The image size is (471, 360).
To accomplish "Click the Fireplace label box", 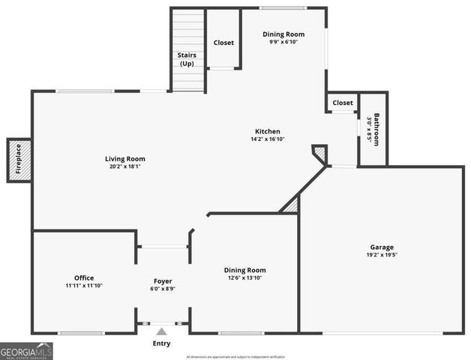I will click(x=19, y=160).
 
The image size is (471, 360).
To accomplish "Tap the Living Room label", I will click(x=124, y=158).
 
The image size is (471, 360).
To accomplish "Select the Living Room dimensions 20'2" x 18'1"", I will click(x=124, y=167).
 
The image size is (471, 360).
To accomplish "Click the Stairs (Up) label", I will click(x=187, y=59).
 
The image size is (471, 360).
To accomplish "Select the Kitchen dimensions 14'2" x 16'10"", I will click(x=267, y=139).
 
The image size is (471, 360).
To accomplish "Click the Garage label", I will click(x=381, y=247).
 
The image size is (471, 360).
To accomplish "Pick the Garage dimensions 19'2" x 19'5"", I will click(x=381, y=256).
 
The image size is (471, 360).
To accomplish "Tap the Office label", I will click(x=84, y=277).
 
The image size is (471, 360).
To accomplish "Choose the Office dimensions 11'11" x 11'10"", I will click(x=84, y=286).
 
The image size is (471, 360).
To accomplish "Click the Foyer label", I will click(x=163, y=281).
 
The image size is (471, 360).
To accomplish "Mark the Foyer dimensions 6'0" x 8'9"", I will click(x=163, y=289).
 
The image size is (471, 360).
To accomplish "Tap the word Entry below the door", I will click(x=161, y=343).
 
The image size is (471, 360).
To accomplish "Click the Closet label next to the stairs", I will click(x=223, y=43).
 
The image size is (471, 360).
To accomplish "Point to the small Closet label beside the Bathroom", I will click(x=343, y=103).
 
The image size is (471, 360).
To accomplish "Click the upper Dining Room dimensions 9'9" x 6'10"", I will click(x=283, y=42).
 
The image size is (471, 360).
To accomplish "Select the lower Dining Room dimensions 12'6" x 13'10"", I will click(x=244, y=277).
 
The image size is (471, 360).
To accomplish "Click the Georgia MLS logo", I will click(x=26, y=351).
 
